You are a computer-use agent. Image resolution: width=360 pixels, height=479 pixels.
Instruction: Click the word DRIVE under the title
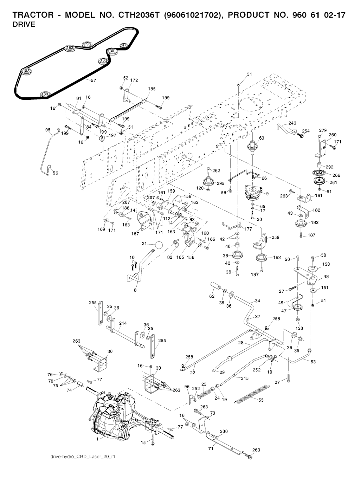coord(24,25)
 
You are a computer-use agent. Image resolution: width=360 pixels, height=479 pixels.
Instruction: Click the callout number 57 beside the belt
coord(94,80)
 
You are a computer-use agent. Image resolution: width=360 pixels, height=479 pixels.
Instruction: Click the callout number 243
coord(292,123)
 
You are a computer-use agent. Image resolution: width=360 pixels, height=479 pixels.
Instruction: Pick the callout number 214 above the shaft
coord(123,323)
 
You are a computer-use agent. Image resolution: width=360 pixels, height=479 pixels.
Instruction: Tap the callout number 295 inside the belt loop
coord(87,44)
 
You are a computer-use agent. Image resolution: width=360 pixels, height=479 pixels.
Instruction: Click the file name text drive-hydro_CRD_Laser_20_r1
coord(83,457)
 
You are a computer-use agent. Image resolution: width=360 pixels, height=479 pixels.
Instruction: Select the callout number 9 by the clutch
coord(268,193)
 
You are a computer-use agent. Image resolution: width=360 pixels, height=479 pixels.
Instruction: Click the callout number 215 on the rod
coord(245,378)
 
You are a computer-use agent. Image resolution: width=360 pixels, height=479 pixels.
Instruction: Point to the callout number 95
coord(48,130)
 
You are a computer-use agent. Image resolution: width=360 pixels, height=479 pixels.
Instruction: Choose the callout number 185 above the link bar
coord(152,89)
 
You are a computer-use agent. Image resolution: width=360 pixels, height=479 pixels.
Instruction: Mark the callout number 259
coord(276,238)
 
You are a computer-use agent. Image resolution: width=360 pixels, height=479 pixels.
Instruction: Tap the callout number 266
coord(336,175)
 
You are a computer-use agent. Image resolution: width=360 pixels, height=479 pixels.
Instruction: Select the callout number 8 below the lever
coord(135,290)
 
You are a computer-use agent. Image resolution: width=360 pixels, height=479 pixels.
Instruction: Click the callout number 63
coord(262,138)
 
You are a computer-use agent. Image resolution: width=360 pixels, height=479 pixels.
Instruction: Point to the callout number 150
coord(326,264)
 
